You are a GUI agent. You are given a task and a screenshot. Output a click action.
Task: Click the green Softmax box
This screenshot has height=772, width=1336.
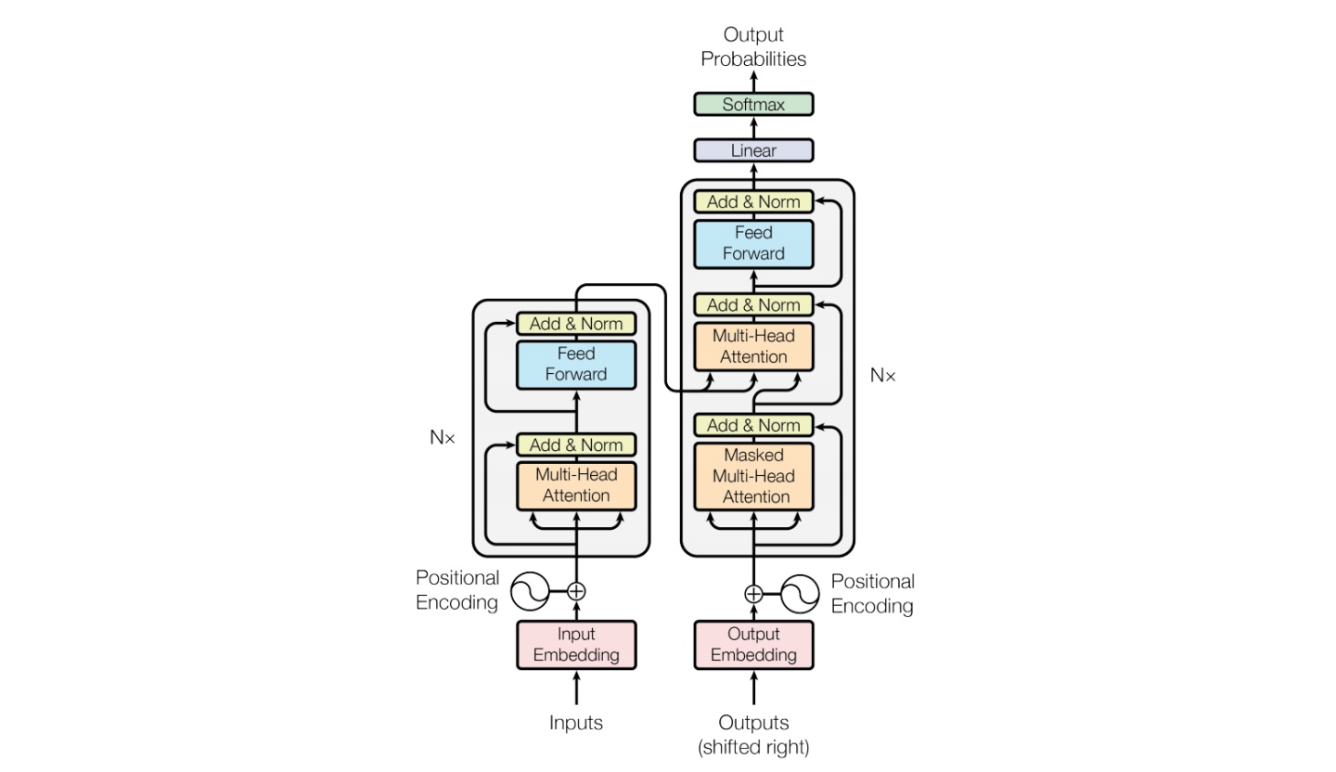753,105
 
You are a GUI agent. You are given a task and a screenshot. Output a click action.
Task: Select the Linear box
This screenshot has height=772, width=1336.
753,150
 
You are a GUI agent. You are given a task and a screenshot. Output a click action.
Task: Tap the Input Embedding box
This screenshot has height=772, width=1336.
576,645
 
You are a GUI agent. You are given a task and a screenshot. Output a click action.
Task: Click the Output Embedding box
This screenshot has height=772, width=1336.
753,645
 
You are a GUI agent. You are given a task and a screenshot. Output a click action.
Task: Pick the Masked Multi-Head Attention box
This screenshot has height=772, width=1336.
753,476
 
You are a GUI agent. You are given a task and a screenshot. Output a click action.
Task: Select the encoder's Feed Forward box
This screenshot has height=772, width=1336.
576,365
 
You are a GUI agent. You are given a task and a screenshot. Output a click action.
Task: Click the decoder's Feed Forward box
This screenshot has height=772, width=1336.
753,243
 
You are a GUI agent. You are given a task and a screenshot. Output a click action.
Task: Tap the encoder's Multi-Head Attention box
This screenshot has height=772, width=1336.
576,485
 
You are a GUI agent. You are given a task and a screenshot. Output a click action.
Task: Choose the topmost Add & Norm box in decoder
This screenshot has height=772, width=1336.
753,201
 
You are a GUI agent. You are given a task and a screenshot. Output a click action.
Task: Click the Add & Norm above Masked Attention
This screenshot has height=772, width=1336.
753,425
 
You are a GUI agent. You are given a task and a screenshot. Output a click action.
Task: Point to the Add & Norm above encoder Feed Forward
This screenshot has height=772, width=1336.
576,324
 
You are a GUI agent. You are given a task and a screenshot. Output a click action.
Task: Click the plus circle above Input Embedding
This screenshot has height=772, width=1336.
576,591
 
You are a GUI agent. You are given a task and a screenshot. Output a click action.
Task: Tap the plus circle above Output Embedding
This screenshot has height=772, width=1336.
753,594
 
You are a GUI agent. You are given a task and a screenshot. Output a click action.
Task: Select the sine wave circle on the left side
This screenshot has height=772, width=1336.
531,591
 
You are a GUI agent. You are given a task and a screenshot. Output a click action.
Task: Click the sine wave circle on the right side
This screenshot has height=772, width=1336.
800,594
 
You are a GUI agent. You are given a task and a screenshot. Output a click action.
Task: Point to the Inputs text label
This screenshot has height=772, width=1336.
576,723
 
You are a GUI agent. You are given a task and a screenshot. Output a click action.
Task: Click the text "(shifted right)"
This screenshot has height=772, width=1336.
753,747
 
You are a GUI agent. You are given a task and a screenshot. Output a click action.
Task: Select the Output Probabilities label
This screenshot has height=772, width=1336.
753,46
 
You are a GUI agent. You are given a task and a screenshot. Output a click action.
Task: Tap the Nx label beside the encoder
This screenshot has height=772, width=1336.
443,438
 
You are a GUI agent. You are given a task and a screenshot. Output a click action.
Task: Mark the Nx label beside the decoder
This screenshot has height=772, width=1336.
883,376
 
